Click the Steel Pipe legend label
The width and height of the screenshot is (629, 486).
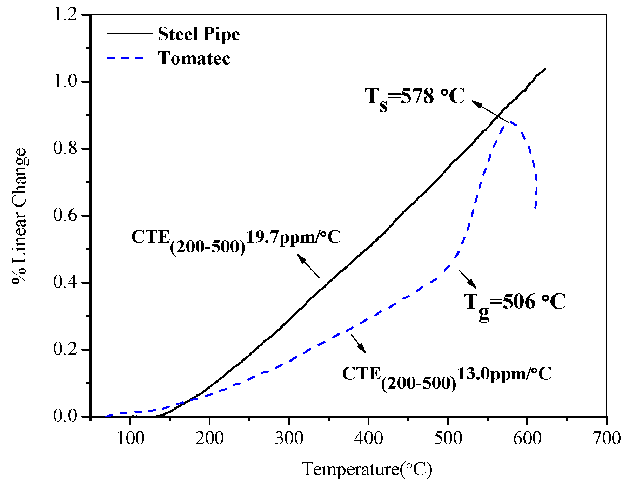point(199,34)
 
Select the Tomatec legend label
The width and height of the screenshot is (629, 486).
point(194,58)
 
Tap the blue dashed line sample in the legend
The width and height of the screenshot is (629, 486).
point(126,58)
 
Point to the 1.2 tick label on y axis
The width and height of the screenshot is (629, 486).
point(65,15)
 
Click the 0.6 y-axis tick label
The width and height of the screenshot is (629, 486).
point(65,215)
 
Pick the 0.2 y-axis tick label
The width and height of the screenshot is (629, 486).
point(65,349)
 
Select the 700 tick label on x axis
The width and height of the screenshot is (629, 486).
point(607,438)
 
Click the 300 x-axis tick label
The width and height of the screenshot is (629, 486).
point(289,438)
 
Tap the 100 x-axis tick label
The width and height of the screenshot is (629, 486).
point(130,438)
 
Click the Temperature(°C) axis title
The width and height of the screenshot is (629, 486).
point(367,469)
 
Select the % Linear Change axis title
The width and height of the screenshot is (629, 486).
point(19,216)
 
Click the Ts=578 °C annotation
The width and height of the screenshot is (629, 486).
point(415,97)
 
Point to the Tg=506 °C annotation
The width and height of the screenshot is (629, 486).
point(515,303)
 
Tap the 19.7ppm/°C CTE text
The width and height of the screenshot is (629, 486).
point(293,237)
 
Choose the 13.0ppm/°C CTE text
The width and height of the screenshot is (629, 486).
point(504,374)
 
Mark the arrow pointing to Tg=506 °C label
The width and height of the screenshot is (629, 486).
point(468,279)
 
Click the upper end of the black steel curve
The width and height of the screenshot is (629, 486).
point(545,69)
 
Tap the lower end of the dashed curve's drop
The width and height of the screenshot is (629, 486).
point(535,208)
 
